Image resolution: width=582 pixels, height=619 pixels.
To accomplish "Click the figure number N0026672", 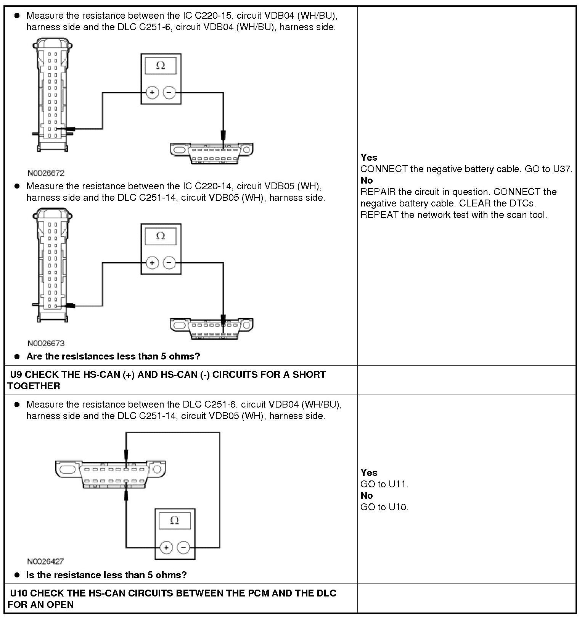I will pyautogui.click(x=46, y=173).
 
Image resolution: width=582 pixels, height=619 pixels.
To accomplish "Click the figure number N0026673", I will pyautogui.click(x=46, y=343).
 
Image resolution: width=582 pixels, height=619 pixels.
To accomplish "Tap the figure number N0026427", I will pyautogui.click(x=45, y=561).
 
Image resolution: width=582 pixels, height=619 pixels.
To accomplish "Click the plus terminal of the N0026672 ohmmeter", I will pyautogui.click(x=152, y=92).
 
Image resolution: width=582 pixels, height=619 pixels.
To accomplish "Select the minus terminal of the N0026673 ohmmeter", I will pyautogui.click(x=169, y=263).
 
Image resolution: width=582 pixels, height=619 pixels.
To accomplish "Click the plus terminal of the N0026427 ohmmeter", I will pyautogui.click(x=166, y=548).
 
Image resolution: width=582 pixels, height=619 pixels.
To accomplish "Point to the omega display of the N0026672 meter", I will pyautogui.click(x=161, y=66).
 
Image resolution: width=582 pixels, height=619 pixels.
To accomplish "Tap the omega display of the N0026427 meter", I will pyautogui.click(x=175, y=520).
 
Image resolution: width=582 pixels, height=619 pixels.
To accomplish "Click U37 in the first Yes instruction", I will pyautogui.click(x=563, y=169).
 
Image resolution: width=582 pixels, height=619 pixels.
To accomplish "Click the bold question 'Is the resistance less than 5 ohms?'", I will pyautogui.click(x=106, y=575).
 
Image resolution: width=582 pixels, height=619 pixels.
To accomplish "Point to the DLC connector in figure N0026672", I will pyautogui.click(x=211, y=152).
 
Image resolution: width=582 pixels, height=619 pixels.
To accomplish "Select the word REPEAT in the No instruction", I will pyautogui.click(x=379, y=214).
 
